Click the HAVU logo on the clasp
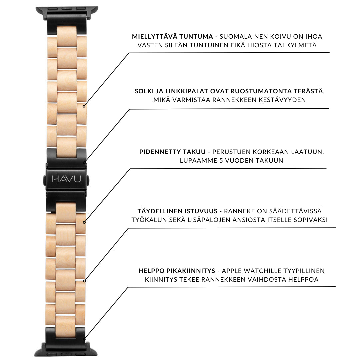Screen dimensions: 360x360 pos(66,179)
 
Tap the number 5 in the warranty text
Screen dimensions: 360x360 pos(221,160)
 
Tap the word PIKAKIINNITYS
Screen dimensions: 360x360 pos(191,271)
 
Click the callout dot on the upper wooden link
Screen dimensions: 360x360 pos(84,106)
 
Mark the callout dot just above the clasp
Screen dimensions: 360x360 pos(84,163)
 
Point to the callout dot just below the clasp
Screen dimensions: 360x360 pos(84,222)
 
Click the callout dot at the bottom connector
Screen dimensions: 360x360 pos(84,339)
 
